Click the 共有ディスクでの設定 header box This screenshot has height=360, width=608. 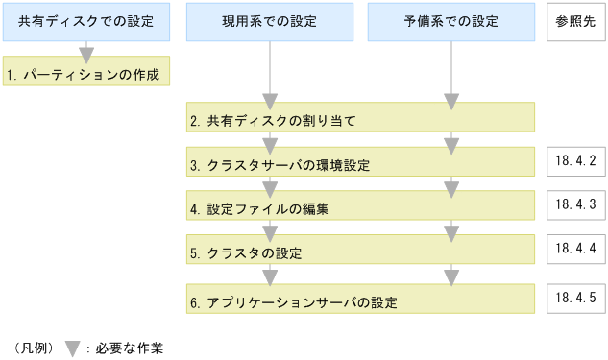[x=85, y=22]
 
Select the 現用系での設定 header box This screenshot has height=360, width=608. [x=270, y=22]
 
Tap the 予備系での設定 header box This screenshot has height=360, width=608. [x=451, y=22]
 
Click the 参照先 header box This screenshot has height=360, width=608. [x=574, y=22]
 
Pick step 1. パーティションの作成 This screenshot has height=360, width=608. [x=86, y=72]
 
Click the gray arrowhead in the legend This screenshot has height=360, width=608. [x=71, y=348]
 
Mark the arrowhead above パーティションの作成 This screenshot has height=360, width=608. [x=86, y=54]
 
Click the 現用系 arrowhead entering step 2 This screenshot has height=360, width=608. [x=270, y=101]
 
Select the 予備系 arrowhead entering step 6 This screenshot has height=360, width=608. [x=450, y=277]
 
